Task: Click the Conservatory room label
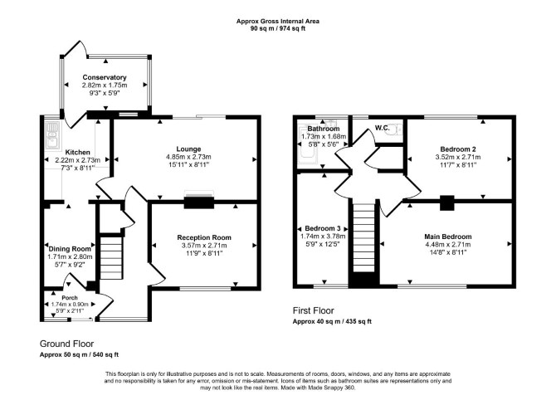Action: click(x=105, y=77)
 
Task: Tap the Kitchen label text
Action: click(x=78, y=153)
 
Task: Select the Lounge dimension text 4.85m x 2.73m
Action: click(x=188, y=157)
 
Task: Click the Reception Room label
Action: click(x=204, y=237)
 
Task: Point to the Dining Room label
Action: click(x=70, y=249)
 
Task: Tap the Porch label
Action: click(x=70, y=298)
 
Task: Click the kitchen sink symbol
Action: click(x=52, y=134)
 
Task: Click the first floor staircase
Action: click(x=364, y=237)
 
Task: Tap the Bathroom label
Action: click(x=324, y=129)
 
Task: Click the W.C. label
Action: click(x=383, y=128)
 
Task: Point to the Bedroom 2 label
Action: click(x=458, y=149)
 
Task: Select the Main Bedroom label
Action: click(x=448, y=237)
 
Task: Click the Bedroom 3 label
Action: click(x=323, y=228)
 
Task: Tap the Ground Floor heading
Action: click(x=66, y=344)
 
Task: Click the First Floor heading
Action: click(x=314, y=310)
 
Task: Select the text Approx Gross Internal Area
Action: click(x=278, y=22)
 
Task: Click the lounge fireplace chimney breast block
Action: click(x=199, y=202)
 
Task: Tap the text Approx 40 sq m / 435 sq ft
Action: click(x=332, y=322)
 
